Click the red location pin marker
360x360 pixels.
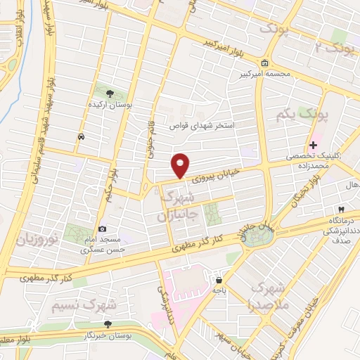click(181, 165)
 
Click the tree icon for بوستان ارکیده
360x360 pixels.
click(109, 93)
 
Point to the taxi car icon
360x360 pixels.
click(82, 136)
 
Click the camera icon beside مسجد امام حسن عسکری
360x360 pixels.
click(103, 229)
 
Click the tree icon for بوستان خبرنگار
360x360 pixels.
click(108, 324)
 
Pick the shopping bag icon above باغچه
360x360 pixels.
click(219, 279)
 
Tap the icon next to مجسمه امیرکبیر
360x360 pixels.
click(264, 62)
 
